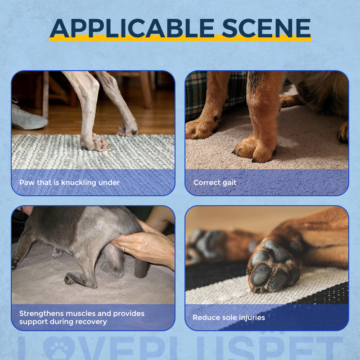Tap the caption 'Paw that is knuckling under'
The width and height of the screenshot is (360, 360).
(x=69, y=183)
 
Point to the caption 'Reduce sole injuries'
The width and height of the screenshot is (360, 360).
(x=229, y=317)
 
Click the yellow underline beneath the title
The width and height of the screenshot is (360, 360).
(x=180, y=40)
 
